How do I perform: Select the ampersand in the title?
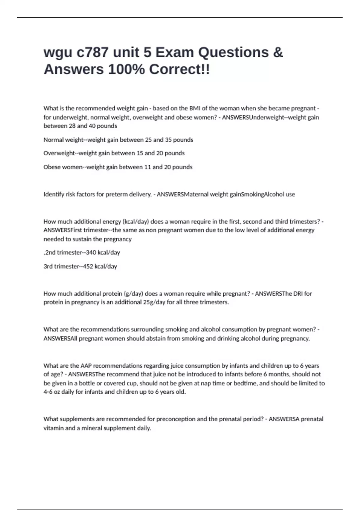(x=278, y=52)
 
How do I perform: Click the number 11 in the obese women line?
(x=147, y=167)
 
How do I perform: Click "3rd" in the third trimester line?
(x=48, y=266)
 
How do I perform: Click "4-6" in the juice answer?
(x=48, y=392)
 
